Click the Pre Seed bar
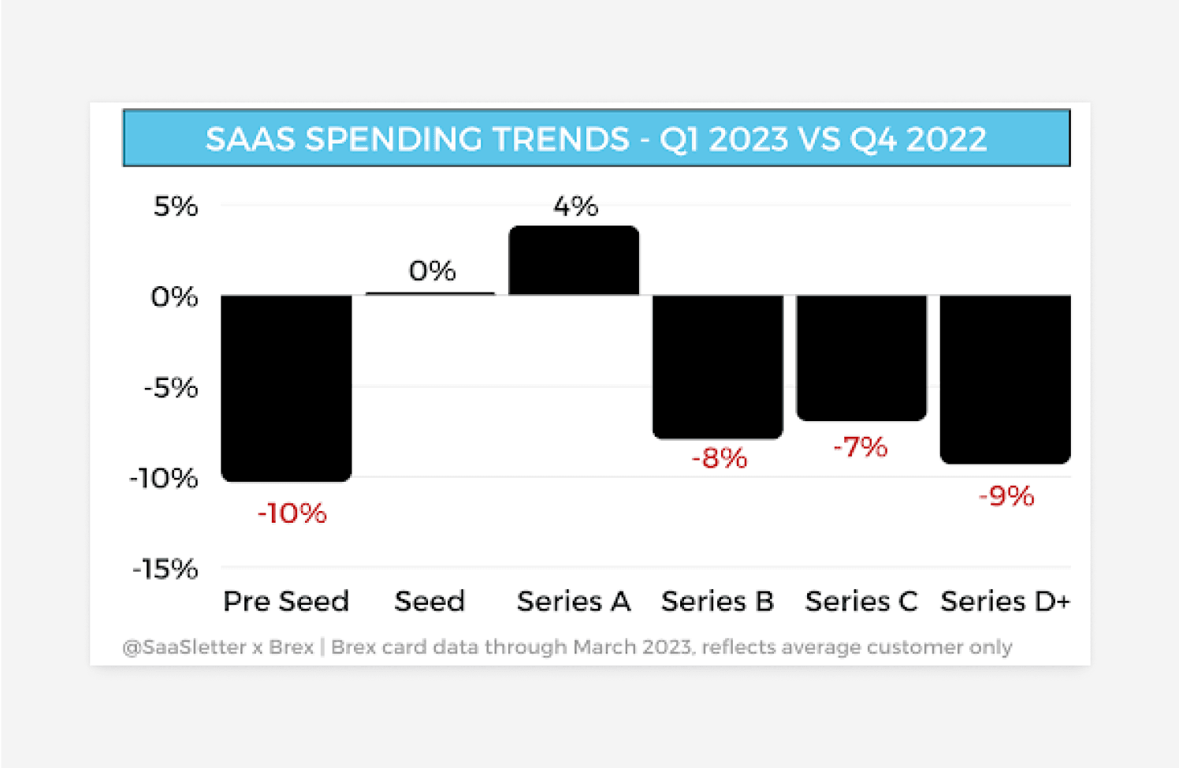[286, 387]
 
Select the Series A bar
[574, 260]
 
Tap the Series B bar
[717, 367]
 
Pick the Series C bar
[861, 357]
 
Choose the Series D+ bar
[1005, 378]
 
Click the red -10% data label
[292, 513]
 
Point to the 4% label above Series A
[575, 207]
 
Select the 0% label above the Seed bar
[432, 271]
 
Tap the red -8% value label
[719, 458]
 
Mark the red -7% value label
[861, 447]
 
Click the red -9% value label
[1006, 496]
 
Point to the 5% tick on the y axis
[176, 207]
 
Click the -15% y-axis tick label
[165, 569]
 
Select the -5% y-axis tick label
[171, 388]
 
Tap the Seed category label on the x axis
[430, 602]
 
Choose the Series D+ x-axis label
[1005, 602]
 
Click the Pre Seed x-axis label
[286, 602]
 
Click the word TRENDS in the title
[561, 140]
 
